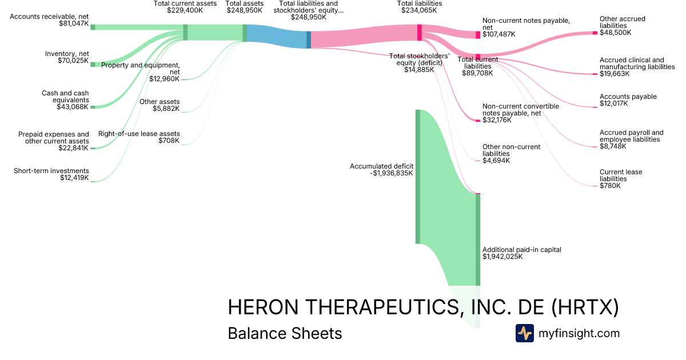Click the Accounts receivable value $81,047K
pyautogui.click(x=74, y=24)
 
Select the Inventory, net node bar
pyautogui.click(x=93, y=64)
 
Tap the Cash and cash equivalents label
pyautogui.click(x=65, y=97)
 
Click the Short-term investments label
pyautogui.click(x=51, y=170)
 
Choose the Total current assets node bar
pyautogui.click(x=185, y=33)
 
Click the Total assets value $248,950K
pyautogui.click(x=245, y=10)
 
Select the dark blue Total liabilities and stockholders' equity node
pyautogui.click(x=309, y=39)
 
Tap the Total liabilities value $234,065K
pyautogui.click(x=419, y=10)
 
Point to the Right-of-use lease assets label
pyautogui.click(x=139, y=134)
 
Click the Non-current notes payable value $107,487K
pyautogui.click(x=498, y=34)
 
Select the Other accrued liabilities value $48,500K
pyautogui.click(x=615, y=33)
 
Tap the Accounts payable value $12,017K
pyautogui.click(x=613, y=103)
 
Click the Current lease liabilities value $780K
pyautogui.click(x=610, y=186)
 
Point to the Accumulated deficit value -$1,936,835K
pyautogui.click(x=392, y=173)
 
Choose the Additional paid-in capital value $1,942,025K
pyautogui.click(x=502, y=257)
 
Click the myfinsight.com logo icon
pyautogui.click(x=524, y=333)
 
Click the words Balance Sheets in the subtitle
pyautogui.click(x=285, y=333)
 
